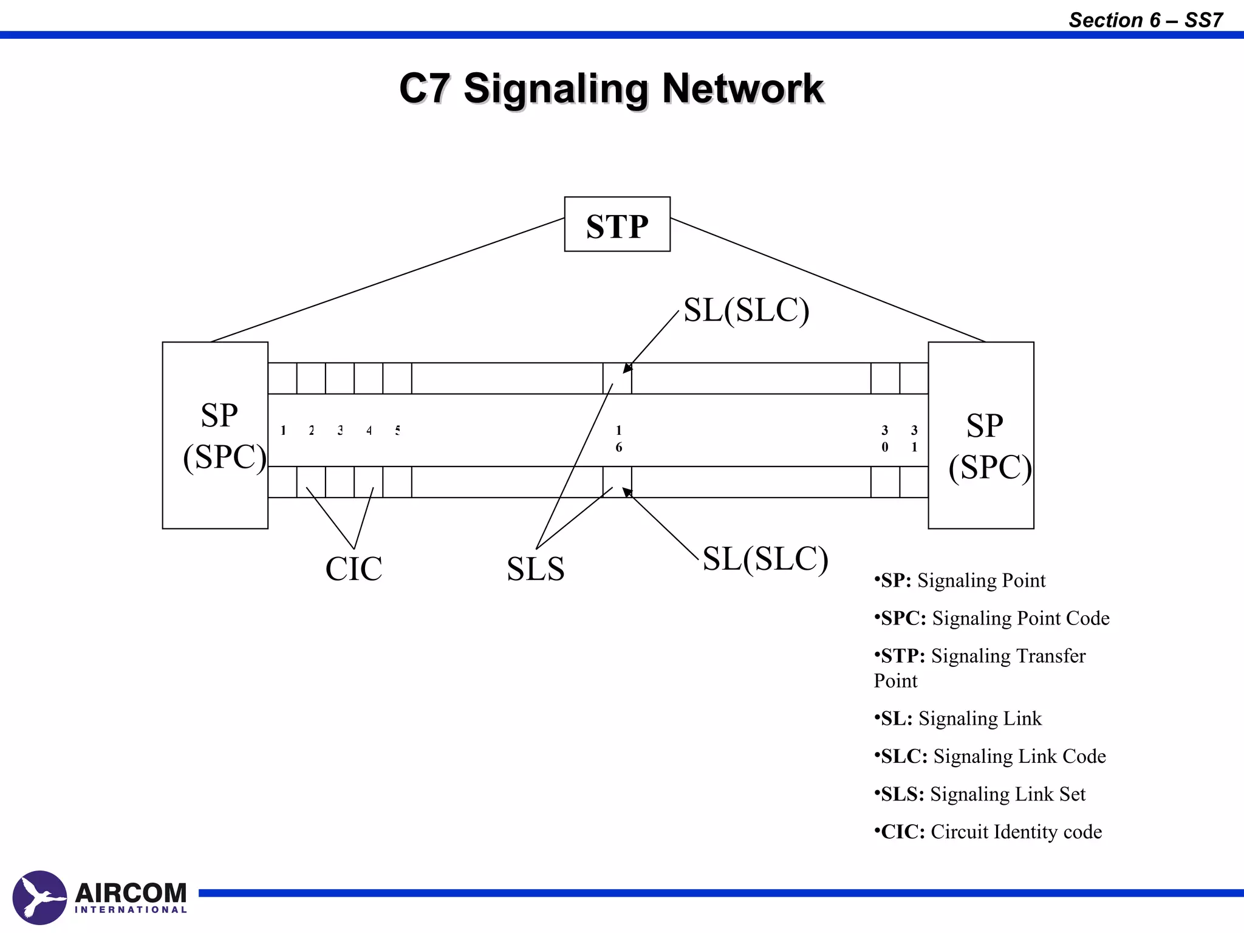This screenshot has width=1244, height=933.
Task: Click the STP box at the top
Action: click(x=617, y=225)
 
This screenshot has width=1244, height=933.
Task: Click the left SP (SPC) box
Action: click(x=215, y=435)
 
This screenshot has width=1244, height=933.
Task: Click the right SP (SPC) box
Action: click(x=980, y=435)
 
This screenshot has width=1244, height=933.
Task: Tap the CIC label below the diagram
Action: click(x=354, y=569)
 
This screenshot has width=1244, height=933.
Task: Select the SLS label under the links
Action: click(x=535, y=569)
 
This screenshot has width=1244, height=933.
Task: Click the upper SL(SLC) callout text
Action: click(x=746, y=310)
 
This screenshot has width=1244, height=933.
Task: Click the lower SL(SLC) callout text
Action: click(x=765, y=558)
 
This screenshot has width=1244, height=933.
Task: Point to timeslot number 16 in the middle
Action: click(x=618, y=439)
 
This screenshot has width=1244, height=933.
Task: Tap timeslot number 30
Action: click(x=884, y=439)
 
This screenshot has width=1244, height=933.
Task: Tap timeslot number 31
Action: click(x=914, y=439)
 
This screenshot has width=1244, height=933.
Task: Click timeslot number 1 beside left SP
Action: click(x=283, y=431)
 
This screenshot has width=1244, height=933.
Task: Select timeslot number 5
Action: click(x=397, y=431)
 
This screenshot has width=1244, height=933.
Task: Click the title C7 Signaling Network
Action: click(x=611, y=89)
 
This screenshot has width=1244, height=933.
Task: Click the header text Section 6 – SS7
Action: click(x=1145, y=20)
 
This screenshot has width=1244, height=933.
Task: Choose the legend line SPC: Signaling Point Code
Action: click(x=991, y=618)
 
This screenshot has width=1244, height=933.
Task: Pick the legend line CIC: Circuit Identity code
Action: click(x=988, y=832)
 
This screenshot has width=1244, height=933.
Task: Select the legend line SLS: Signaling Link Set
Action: click(x=979, y=794)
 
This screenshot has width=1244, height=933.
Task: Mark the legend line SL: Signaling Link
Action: click(x=958, y=719)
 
